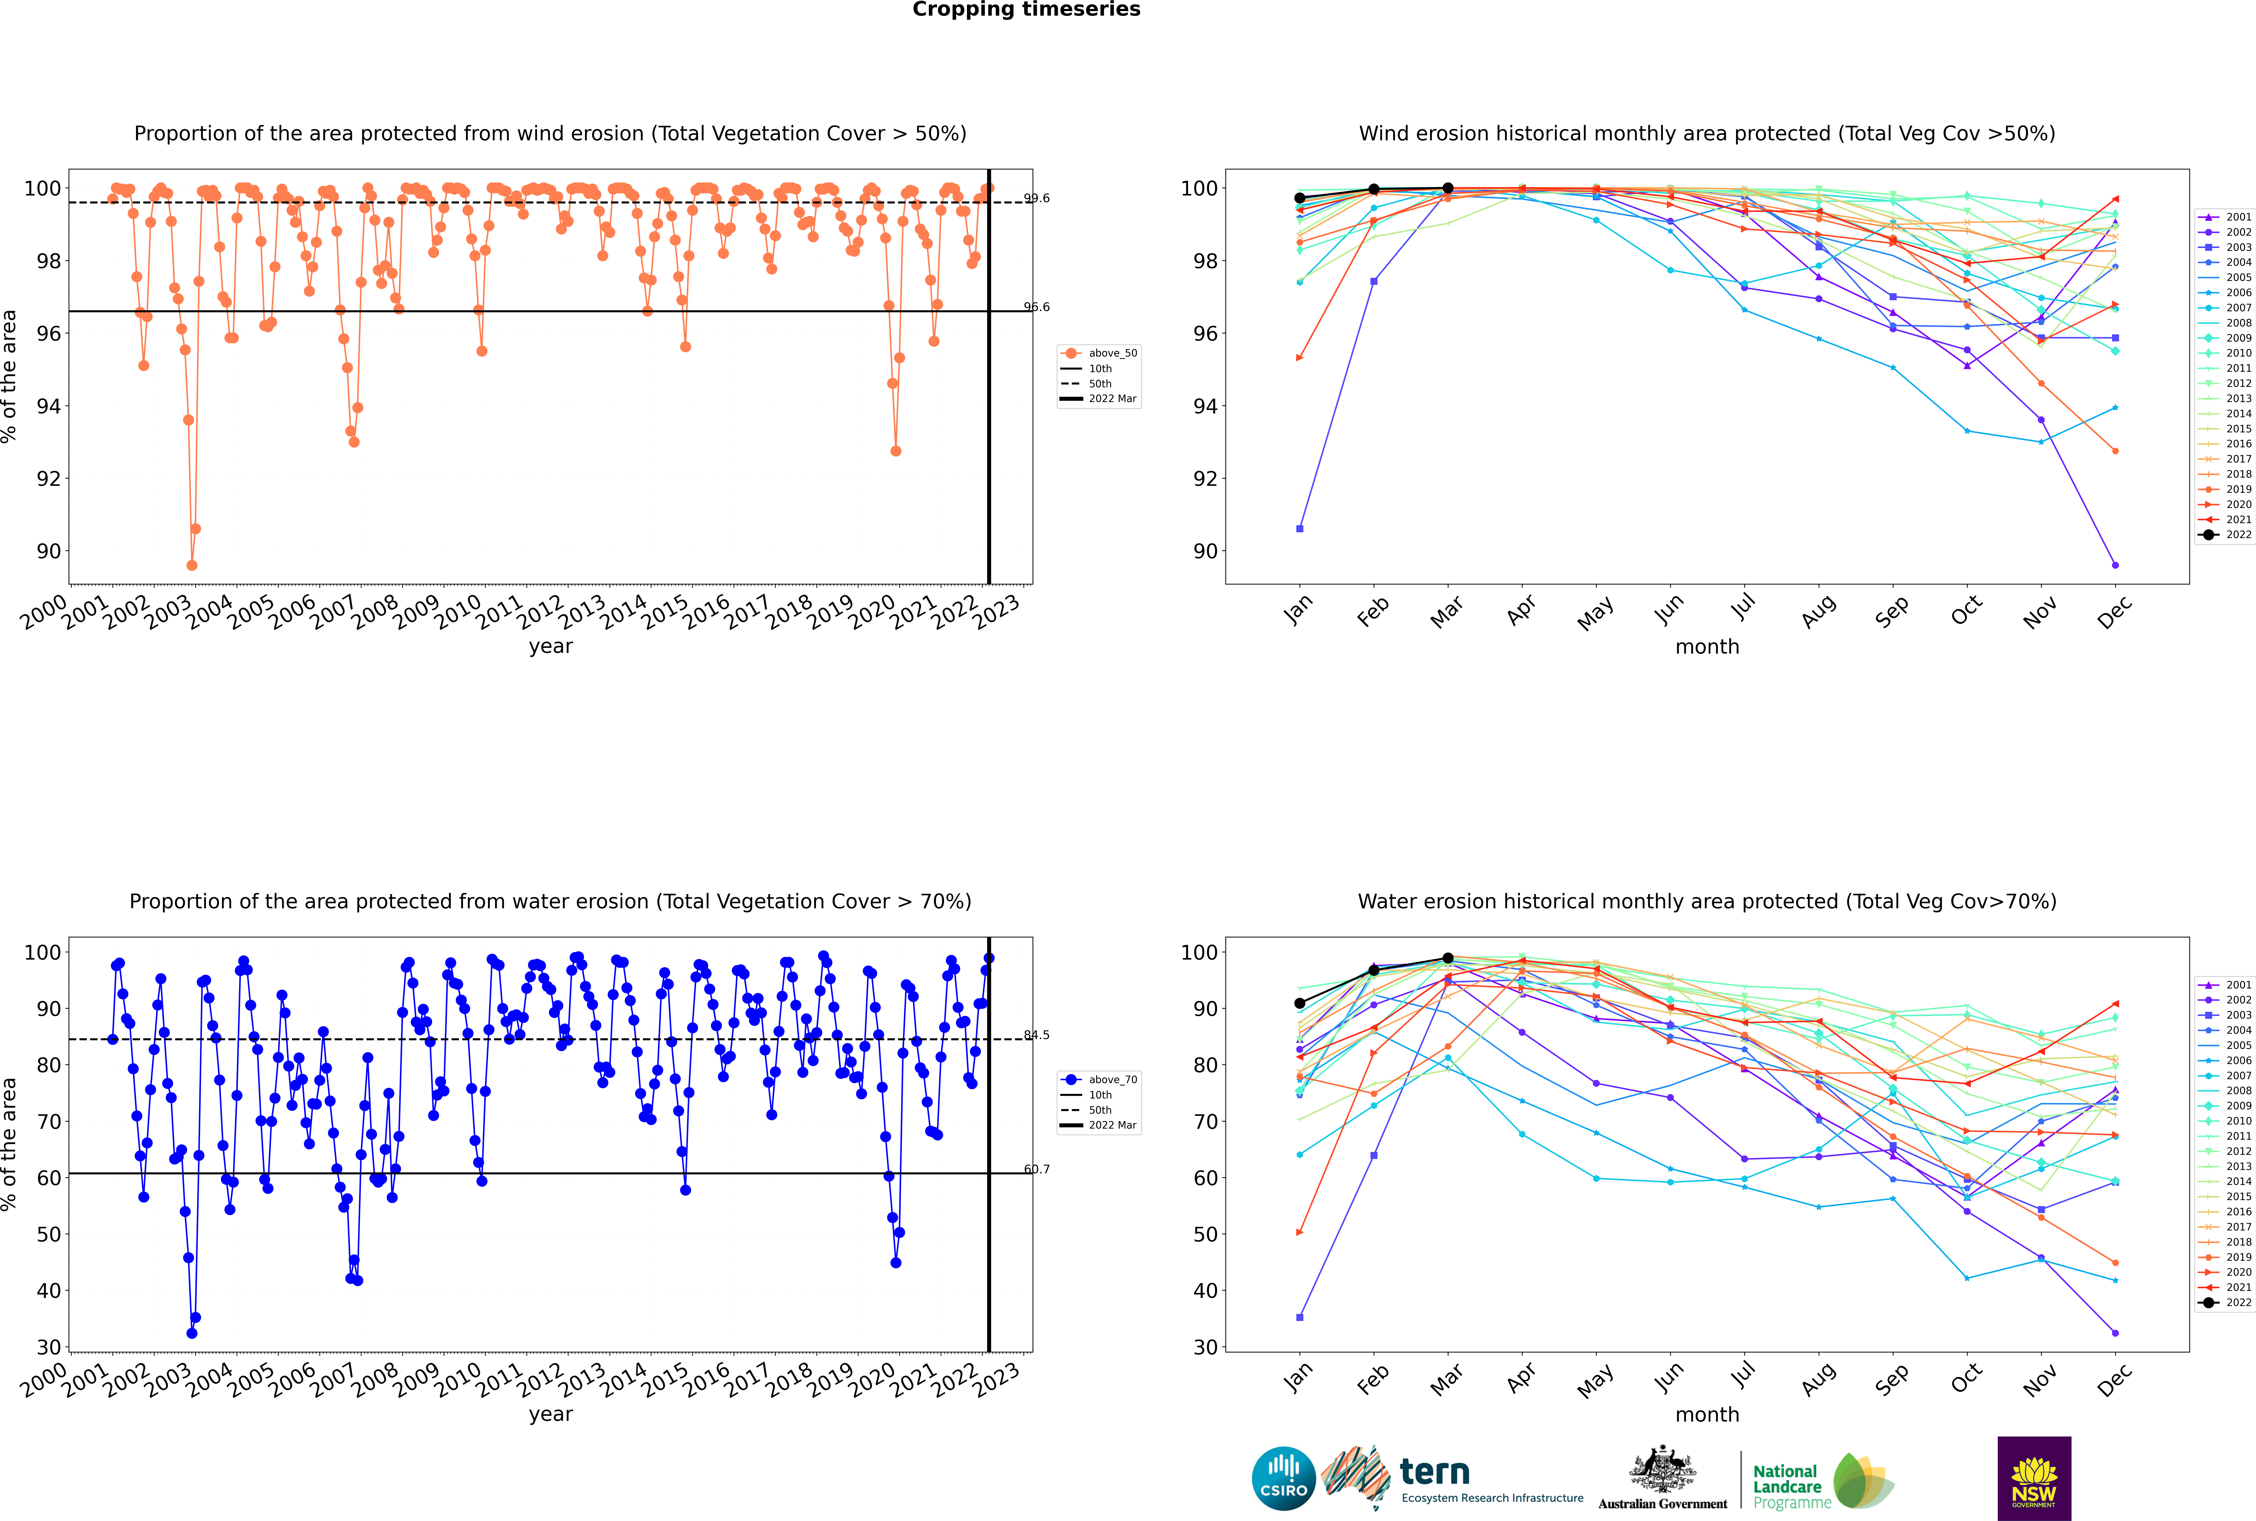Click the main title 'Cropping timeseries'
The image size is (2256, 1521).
pos(1026,10)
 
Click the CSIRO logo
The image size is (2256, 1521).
pos(1283,1478)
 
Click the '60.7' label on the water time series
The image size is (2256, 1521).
pos(1037,1169)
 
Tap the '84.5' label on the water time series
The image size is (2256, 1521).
pos(1037,1035)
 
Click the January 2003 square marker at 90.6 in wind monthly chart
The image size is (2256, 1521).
pos(1300,529)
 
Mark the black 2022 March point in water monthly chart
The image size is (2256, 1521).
pos(1448,958)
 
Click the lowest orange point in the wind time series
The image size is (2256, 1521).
pos(192,565)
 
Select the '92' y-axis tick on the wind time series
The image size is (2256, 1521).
pos(48,478)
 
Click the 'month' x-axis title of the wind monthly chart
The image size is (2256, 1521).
pos(1707,647)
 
